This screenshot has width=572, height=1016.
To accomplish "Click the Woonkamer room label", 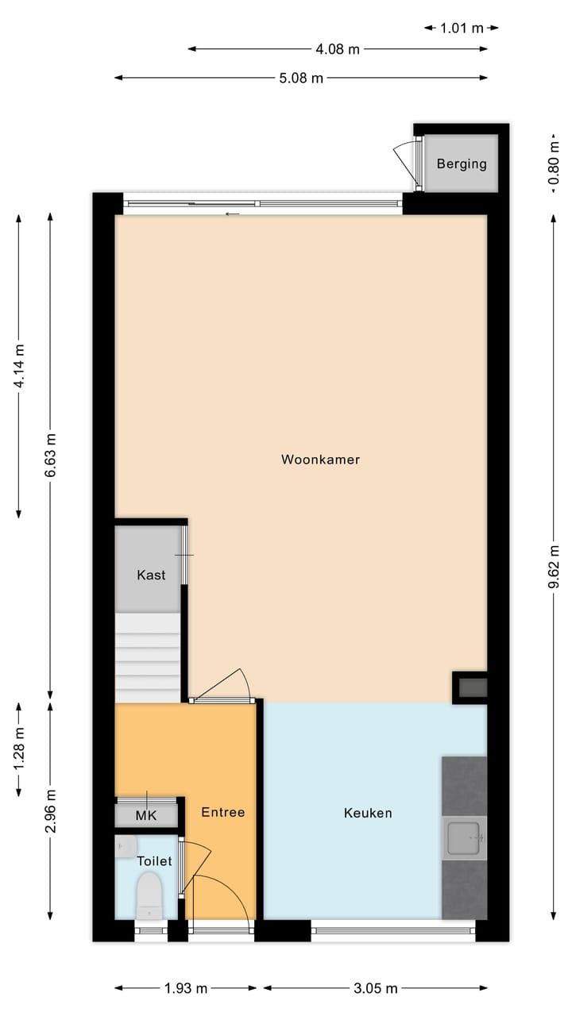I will (320, 460).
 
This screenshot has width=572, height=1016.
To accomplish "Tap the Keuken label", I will (368, 813).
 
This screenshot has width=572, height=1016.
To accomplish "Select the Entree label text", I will (222, 812).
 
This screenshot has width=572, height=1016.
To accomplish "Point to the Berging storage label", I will (462, 164).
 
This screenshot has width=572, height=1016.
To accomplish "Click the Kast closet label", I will (151, 575).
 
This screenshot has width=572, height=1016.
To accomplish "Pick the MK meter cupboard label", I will (146, 815).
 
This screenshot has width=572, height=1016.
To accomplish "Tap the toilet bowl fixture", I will (149, 895).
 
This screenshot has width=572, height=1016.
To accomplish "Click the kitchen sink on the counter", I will (464, 838).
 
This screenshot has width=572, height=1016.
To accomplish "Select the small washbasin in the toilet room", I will (126, 846).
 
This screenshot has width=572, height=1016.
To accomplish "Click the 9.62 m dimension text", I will (555, 565).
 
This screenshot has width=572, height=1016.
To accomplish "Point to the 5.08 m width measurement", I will (302, 78).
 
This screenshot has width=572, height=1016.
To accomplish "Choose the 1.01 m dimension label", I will (462, 28).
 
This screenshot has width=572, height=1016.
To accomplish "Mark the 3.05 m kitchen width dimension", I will (376, 988).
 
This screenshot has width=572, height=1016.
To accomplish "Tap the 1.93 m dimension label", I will (186, 988).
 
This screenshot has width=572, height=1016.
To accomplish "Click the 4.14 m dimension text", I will (20, 365).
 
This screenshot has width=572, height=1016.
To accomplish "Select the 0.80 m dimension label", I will (555, 164).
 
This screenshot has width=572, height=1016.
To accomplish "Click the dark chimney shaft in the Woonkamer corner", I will (470, 687).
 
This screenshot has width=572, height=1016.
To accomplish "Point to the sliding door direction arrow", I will (232, 214).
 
